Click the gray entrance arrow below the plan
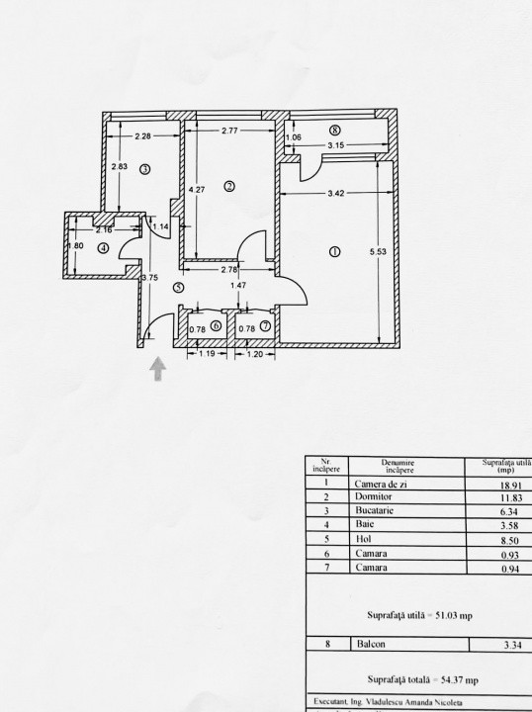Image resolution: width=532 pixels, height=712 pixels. click(x=158, y=370)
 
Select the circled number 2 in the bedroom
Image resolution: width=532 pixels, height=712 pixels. click(x=228, y=185)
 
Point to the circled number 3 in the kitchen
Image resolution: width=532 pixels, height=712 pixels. click(x=144, y=170)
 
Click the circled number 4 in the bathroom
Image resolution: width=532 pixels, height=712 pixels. click(x=102, y=248)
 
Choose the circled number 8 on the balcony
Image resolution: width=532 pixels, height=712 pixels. click(x=335, y=131)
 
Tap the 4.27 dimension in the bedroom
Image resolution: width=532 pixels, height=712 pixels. click(x=198, y=190)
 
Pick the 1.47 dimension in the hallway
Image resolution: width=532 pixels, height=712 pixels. click(x=237, y=286)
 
